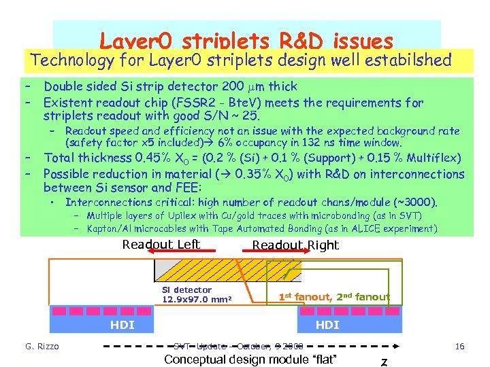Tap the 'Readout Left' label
161,245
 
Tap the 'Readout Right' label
295,245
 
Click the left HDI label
122,325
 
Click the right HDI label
327,325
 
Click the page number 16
459,347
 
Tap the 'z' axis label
385,361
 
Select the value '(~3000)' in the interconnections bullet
416,203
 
